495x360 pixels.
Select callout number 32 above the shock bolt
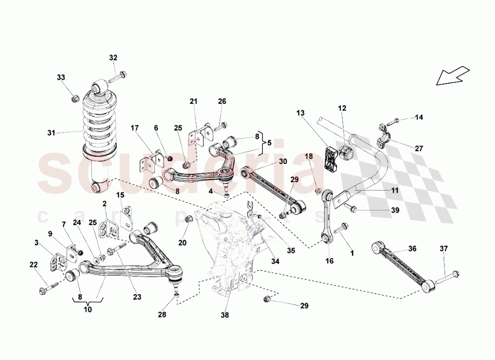pyautogui.click(x=113, y=58)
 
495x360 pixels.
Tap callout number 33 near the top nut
pyautogui.click(x=60, y=77)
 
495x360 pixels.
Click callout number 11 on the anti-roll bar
pyautogui.click(x=394, y=190)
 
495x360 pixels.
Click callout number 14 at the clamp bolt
pyautogui.click(x=419, y=117)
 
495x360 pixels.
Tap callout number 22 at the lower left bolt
pyautogui.click(x=33, y=265)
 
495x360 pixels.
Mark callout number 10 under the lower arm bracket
pyautogui.click(x=88, y=309)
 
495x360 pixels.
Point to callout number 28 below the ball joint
pyautogui.click(x=162, y=314)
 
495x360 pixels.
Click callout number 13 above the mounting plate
pyautogui.click(x=300, y=114)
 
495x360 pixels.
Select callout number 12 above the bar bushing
pyautogui.click(x=343, y=108)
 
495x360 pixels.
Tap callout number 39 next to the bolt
pyautogui.click(x=395, y=210)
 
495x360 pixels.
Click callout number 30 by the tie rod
pyautogui.click(x=283, y=161)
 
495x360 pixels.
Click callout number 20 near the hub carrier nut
pyautogui.click(x=183, y=242)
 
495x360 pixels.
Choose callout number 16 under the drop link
pyautogui.click(x=330, y=260)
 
